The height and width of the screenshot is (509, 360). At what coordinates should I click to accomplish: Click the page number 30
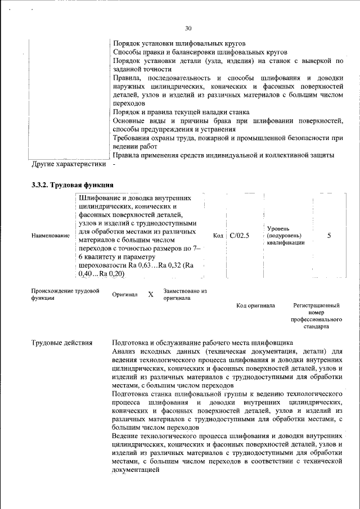[x=188, y=29]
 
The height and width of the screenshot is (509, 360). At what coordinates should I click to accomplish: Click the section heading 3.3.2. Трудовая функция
[x=73, y=184]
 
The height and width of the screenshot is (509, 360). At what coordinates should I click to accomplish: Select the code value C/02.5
[x=239, y=236]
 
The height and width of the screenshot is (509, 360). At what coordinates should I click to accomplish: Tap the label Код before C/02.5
[x=219, y=236]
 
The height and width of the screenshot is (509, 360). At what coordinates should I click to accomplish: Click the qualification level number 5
[x=329, y=236]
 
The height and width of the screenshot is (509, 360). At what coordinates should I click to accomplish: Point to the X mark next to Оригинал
[x=150, y=294]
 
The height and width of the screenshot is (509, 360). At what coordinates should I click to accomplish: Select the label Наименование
[x=50, y=236]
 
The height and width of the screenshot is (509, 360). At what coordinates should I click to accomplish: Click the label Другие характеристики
[x=69, y=165]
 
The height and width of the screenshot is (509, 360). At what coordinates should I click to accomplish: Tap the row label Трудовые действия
[x=62, y=343]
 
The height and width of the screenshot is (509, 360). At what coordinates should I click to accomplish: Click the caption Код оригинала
[x=255, y=305]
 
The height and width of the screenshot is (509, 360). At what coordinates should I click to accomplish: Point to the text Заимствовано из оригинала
[x=185, y=294]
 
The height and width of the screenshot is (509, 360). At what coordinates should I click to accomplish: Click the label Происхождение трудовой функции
[x=65, y=294]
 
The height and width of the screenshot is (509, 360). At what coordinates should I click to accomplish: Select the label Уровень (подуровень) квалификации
[x=286, y=236]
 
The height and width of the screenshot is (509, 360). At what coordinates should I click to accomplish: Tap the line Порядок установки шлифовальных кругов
[x=179, y=43]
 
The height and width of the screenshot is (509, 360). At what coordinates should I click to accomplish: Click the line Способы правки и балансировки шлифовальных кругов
[x=200, y=52]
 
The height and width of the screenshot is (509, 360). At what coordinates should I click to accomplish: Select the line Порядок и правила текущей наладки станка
[x=181, y=112]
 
